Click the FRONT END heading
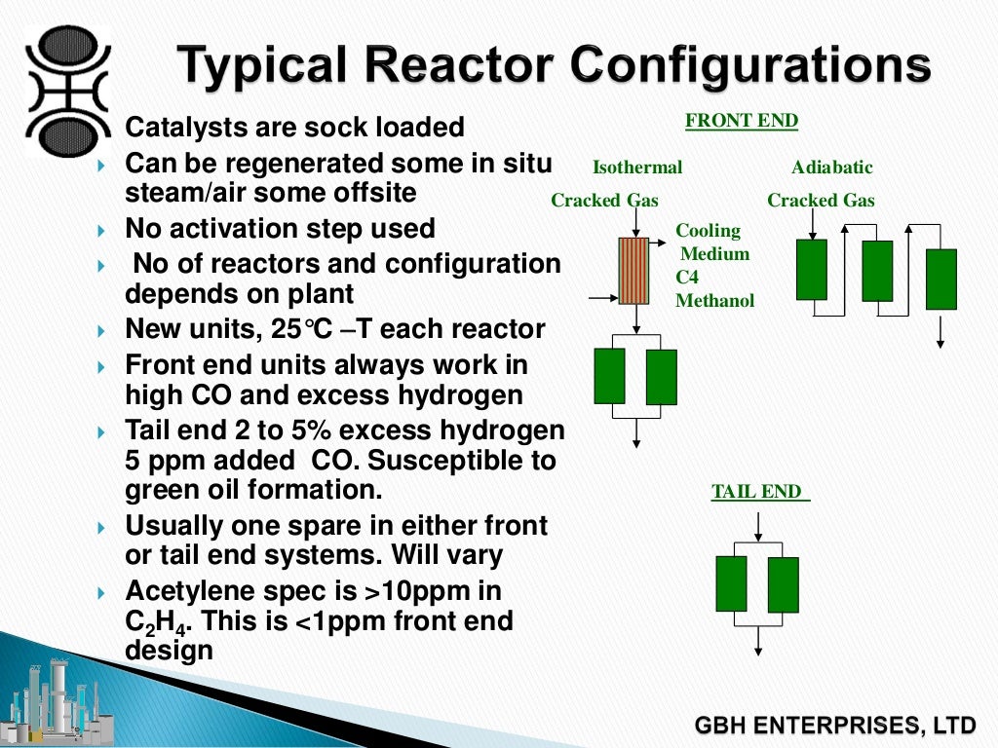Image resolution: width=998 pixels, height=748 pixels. click(742, 121)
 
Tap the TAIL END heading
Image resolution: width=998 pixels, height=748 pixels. click(757, 492)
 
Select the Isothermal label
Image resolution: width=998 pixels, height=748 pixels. click(637, 168)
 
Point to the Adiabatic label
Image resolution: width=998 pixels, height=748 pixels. click(831, 168)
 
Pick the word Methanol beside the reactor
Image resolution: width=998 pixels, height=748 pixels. click(715, 301)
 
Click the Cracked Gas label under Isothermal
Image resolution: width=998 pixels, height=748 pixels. click(604, 201)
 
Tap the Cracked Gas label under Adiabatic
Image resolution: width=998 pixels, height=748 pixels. click(821, 201)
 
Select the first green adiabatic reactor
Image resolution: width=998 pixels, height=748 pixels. click(811, 269)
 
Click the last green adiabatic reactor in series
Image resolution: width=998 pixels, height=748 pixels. click(940, 280)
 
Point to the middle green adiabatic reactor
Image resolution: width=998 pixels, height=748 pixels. click(877, 271)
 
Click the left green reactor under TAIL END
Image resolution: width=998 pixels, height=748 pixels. click(731, 583)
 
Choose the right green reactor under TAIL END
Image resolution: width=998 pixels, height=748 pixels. click(783, 584)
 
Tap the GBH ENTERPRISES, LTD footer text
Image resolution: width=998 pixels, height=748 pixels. click(834, 726)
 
